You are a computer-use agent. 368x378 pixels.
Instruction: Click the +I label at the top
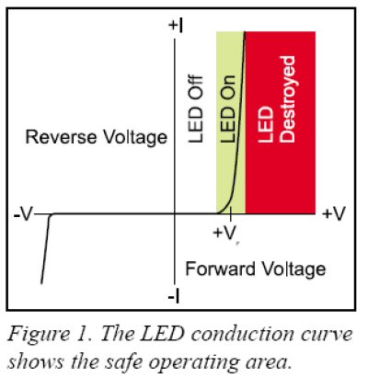[x=176, y=26]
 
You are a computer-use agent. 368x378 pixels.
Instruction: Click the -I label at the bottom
[x=174, y=296]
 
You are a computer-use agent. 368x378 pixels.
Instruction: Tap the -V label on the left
[x=23, y=214]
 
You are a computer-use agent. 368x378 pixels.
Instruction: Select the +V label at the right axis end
[x=334, y=213]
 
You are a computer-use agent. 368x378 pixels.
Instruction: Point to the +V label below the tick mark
[x=224, y=233]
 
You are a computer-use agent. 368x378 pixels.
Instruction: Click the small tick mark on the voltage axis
[x=231, y=217]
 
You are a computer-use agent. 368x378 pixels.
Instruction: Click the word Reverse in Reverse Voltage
[x=61, y=137]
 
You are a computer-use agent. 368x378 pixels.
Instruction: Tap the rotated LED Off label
[x=196, y=109]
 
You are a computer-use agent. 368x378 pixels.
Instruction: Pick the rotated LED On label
[x=228, y=109]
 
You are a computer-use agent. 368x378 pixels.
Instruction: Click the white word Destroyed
[x=288, y=99]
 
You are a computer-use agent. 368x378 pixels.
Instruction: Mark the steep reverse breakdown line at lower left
[x=45, y=249]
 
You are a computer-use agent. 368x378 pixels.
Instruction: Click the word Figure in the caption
[x=39, y=334]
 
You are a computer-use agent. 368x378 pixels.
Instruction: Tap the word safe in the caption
[x=122, y=361]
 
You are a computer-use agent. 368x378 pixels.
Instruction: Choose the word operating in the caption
[x=195, y=363]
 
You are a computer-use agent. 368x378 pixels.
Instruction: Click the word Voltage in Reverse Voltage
[x=134, y=138]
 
